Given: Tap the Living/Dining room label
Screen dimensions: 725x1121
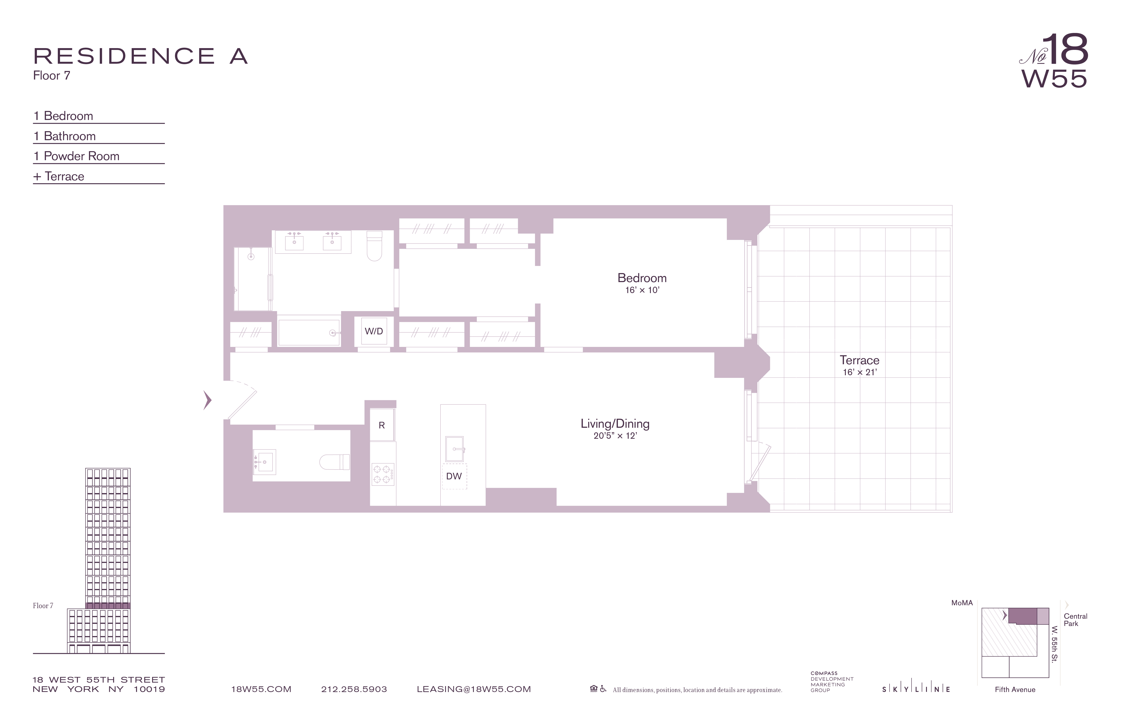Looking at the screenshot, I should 615,424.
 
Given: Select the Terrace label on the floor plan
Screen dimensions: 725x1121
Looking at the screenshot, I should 859,360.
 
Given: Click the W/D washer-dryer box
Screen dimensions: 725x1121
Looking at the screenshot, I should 374,331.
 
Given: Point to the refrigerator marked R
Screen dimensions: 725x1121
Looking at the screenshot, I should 382,425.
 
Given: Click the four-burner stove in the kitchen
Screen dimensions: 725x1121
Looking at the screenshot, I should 382,474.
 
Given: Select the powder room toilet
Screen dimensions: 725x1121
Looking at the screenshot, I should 335,462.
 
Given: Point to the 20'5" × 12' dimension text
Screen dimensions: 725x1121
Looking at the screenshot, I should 615,436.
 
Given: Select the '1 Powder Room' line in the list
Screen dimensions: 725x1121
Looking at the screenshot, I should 76,156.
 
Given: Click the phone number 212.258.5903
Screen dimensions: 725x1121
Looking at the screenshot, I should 354,689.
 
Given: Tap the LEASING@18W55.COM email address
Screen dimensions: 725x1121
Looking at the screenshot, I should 473,689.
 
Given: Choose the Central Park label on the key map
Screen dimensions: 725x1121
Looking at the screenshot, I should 1075,620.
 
